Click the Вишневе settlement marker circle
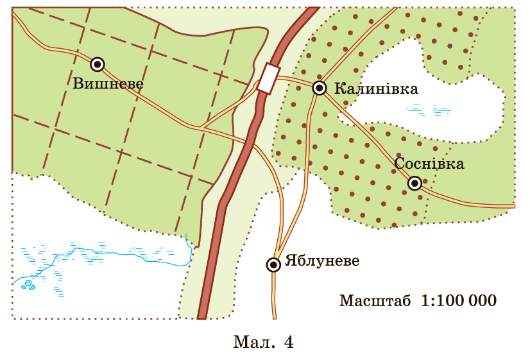(x=97, y=64)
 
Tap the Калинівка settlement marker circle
(x=320, y=88)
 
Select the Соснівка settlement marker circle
(x=415, y=184)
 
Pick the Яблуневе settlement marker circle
(x=274, y=264)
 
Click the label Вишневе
(x=108, y=83)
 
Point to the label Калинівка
(x=376, y=89)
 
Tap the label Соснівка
(x=429, y=164)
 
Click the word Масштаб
(x=375, y=300)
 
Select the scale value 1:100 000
(x=459, y=300)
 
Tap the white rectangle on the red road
(x=268, y=79)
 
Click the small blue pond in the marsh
(x=28, y=283)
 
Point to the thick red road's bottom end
(x=203, y=317)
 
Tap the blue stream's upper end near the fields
(x=185, y=236)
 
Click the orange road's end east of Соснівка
(x=513, y=206)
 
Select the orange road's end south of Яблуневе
(x=275, y=317)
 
